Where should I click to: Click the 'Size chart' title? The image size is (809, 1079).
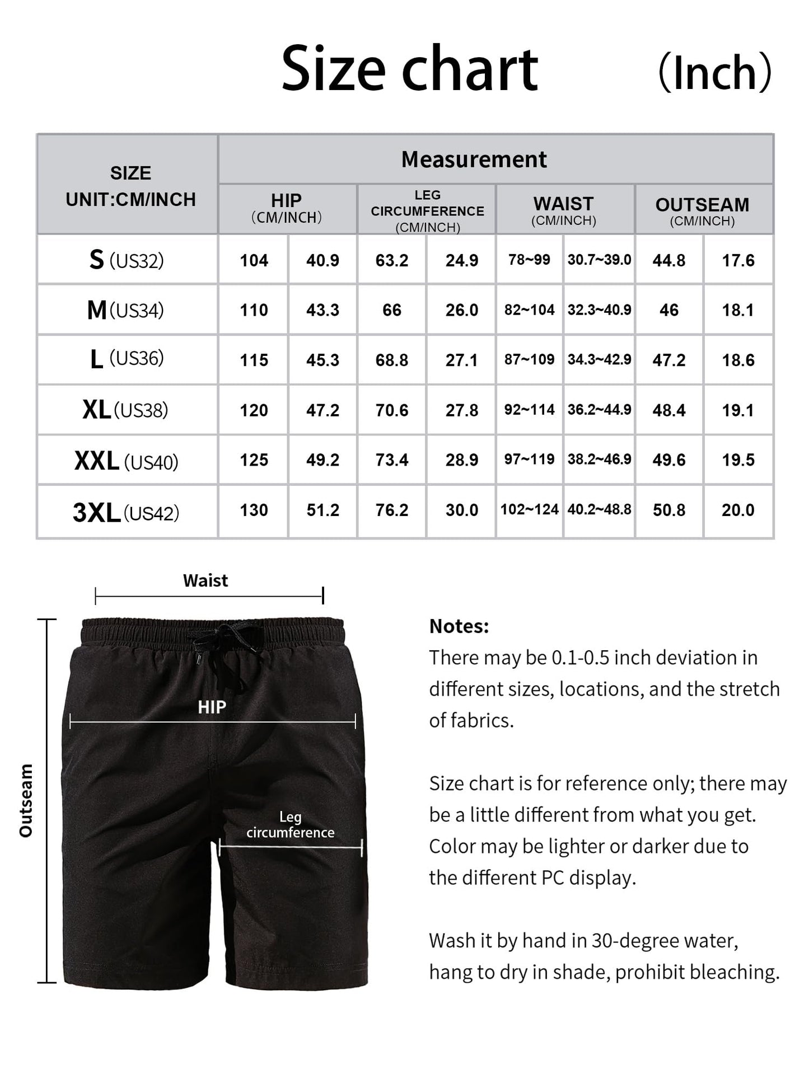pos(409,69)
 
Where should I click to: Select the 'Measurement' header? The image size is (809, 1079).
pos(474,159)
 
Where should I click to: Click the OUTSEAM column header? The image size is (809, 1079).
pos(702,210)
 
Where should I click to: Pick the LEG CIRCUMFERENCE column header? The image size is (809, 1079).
pos(427,210)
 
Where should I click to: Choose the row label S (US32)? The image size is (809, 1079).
pos(127,260)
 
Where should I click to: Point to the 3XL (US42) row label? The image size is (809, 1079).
pos(126,512)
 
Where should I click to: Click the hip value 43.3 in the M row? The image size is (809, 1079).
pos(322,310)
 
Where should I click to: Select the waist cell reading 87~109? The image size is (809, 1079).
pos(529,359)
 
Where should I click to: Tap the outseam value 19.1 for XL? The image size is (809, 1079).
pos(738,410)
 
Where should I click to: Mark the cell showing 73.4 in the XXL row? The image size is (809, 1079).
pos(392,460)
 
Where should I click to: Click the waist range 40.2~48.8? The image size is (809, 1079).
pos(599,509)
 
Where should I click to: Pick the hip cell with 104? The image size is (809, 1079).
pos(254,260)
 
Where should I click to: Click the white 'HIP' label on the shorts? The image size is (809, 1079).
pos(212,707)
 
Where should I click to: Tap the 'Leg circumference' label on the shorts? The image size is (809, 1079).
pos(290,825)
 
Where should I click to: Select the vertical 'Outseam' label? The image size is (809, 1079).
pos(26,800)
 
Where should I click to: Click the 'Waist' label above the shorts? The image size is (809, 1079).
pos(205,581)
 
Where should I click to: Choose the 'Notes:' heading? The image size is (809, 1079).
pos(459,626)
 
